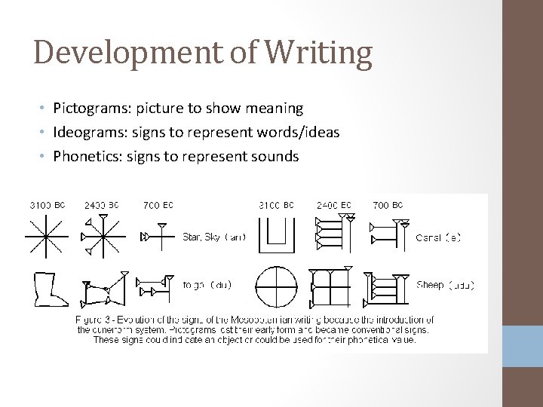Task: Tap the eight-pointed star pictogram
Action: tap(46, 236)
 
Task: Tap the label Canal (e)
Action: tap(438, 237)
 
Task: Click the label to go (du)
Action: tap(207, 285)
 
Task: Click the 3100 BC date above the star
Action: tap(47, 204)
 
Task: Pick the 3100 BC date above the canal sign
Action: tap(276, 204)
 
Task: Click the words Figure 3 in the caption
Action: tap(97, 319)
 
